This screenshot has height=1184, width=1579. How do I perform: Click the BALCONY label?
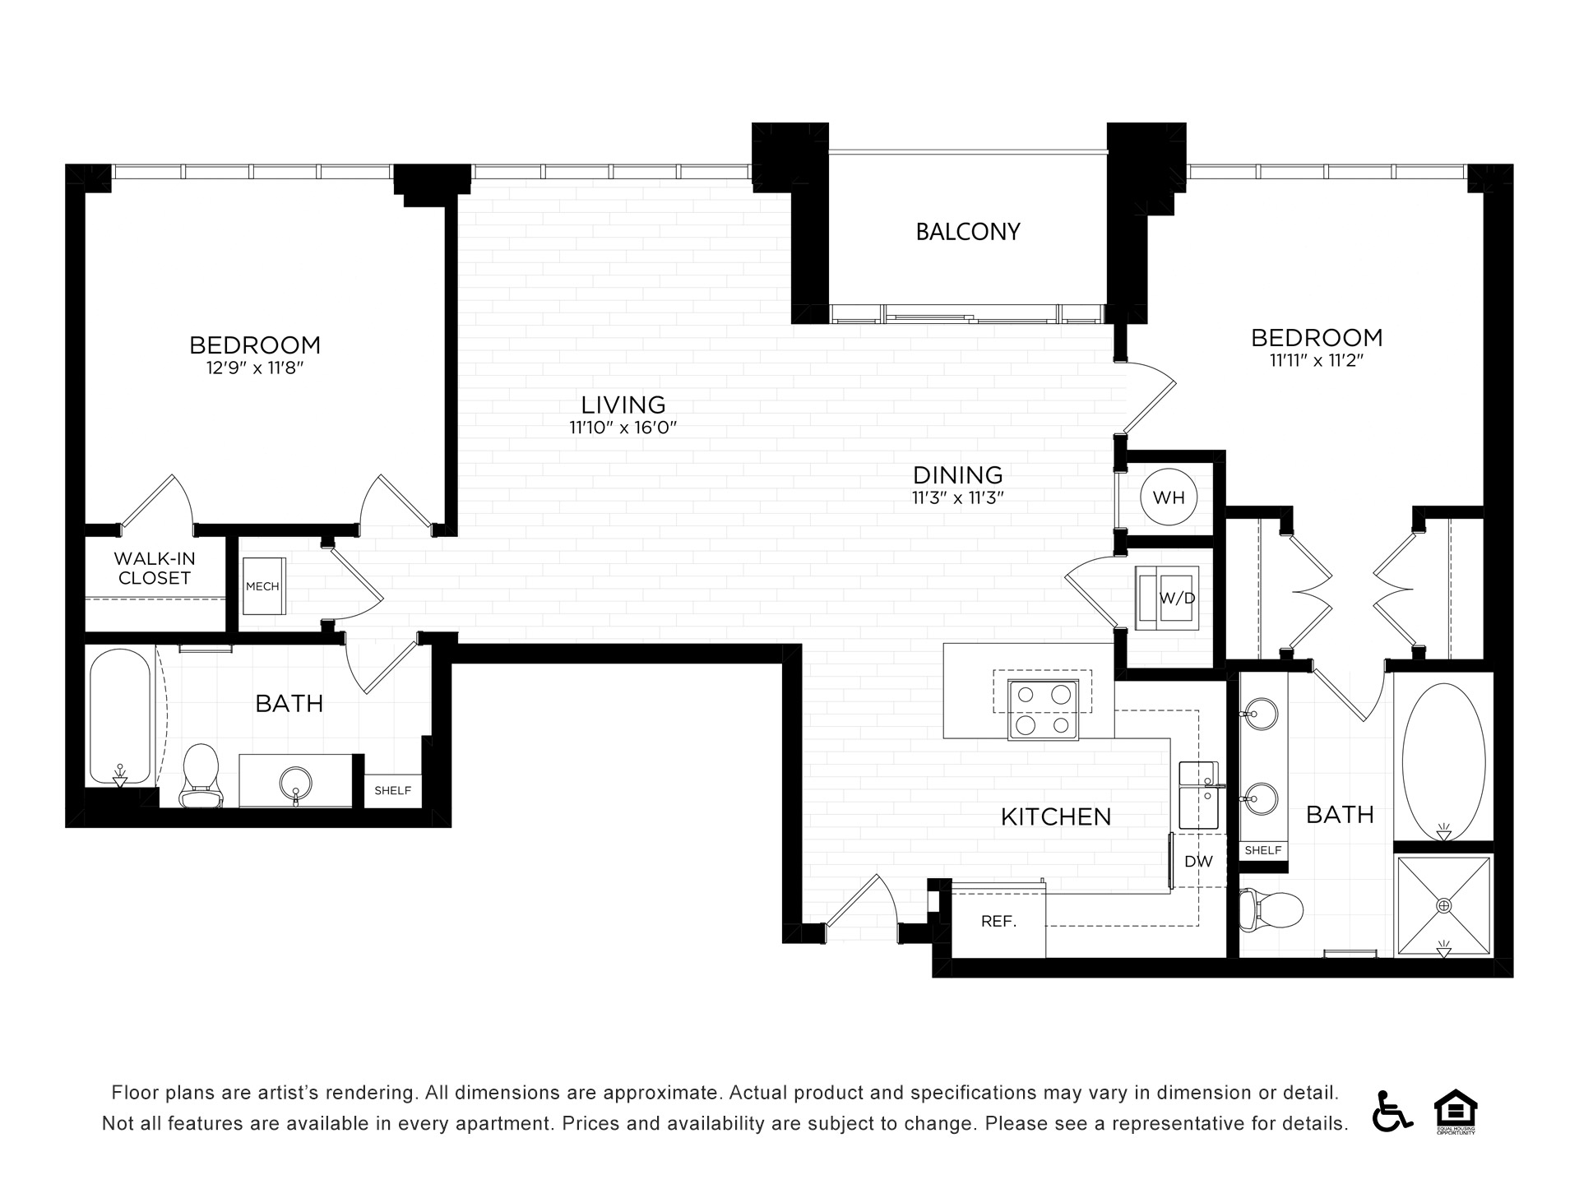point(968,232)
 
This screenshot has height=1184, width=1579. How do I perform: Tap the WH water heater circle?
point(1169,497)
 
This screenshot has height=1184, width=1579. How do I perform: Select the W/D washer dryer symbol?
point(1167,598)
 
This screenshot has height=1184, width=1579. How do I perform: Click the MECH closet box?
point(263,586)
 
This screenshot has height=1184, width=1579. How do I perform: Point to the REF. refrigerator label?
point(999,922)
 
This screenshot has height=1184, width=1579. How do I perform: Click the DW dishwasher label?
point(1199,862)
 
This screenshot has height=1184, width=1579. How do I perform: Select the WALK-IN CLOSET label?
point(155,568)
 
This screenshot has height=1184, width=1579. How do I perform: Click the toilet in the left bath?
point(201,775)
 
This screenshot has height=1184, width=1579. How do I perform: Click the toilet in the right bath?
point(1271,910)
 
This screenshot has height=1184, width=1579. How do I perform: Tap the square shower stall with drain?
point(1444,906)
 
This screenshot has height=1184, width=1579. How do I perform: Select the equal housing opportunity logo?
point(1456,1111)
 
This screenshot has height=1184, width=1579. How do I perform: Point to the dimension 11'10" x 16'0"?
point(623,428)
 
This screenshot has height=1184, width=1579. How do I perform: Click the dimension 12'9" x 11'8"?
point(255,368)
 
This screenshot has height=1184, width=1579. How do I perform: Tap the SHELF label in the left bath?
point(392,791)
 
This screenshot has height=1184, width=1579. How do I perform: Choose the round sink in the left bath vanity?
point(295,781)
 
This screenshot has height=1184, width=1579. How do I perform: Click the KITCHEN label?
point(1056,816)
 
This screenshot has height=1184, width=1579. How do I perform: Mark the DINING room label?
point(958,475)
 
